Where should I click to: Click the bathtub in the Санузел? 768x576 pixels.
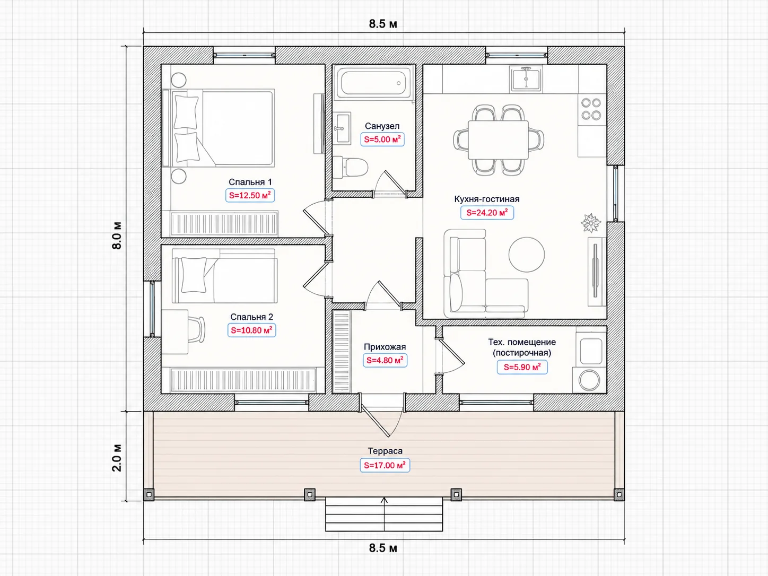click(373, 83)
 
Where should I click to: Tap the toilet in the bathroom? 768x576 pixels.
click(350, 167)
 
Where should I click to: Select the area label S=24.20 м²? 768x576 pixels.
click(487, 213)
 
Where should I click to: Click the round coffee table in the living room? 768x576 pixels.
click(527, 255)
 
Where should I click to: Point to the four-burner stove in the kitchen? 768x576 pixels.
click(591, 109)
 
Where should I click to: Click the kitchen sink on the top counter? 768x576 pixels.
click(527, 78)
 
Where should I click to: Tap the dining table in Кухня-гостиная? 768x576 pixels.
click(498, 139)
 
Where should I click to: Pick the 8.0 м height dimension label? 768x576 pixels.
click(117, 235)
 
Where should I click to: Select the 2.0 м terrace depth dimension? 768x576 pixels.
click(117, 458)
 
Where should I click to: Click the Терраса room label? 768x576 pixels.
click(385, 451)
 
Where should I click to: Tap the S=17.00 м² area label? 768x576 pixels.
click(385, 466)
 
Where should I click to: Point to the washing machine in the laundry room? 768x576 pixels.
click(589, 380)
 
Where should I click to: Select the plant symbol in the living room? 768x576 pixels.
click(591, 223)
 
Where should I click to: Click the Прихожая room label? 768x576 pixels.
click(385, 347)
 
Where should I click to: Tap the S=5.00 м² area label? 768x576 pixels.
click(382, 139)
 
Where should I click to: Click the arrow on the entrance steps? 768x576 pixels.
click(384, 514)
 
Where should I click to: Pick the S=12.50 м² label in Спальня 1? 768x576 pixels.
click(250, 196)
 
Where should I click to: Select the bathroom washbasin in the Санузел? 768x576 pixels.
click(342, 128)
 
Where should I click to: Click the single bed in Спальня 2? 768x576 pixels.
click(225, 276)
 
